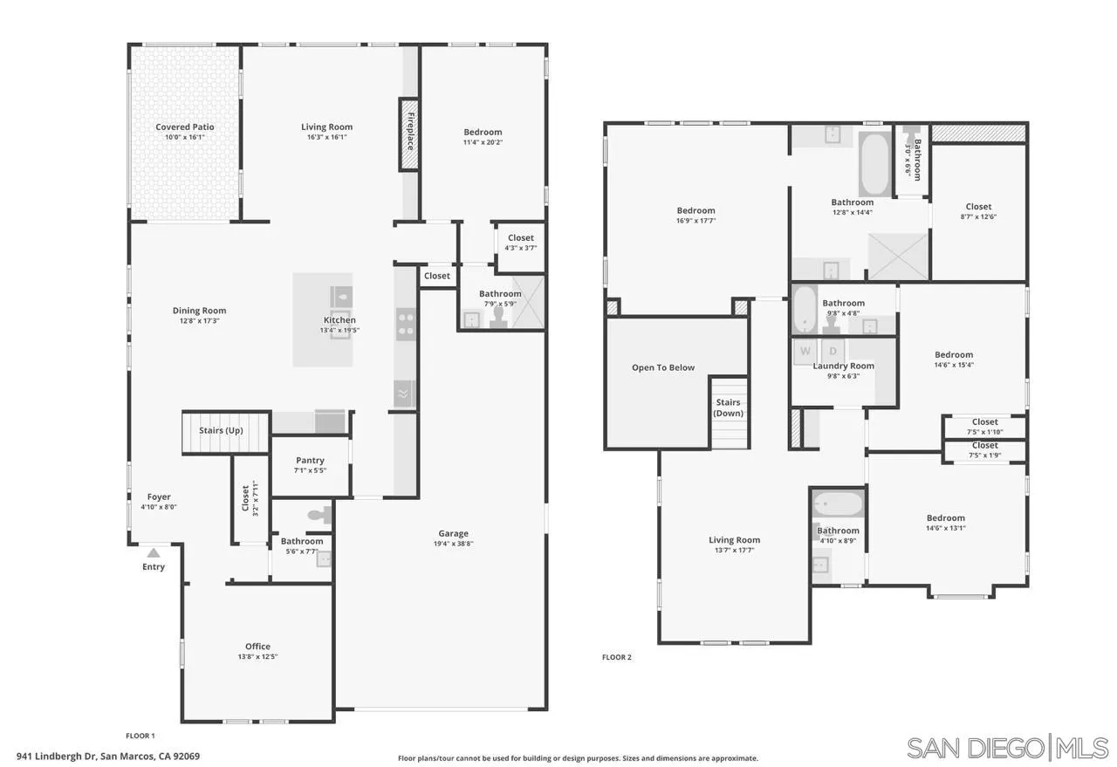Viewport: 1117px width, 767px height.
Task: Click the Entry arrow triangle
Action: coord(154,552)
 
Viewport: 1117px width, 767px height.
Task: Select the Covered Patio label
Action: coord(184,127)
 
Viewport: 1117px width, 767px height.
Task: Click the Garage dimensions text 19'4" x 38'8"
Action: coord(453,544)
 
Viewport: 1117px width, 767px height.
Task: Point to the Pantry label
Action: coord(310,461)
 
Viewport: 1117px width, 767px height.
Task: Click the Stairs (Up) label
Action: coord(221,431)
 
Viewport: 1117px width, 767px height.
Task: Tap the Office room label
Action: coord(257,647)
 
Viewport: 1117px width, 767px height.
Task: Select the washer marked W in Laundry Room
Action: coord(804,351)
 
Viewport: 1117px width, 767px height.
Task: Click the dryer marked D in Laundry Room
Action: coord(833,351)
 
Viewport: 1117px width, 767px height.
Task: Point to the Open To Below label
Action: coord(663,368)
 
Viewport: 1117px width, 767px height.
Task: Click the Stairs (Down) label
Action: coord(728,407)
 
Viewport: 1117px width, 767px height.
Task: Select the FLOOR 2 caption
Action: coord(616,657)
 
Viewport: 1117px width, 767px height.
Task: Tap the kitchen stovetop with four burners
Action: coord(406,324)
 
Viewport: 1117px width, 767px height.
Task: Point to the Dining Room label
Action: coord(199,311)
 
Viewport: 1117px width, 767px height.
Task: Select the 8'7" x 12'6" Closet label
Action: coord(978,207)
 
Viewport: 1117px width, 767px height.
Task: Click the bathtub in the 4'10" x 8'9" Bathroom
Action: coord(838,504)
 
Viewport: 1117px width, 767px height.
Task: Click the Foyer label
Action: coord(159,497)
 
